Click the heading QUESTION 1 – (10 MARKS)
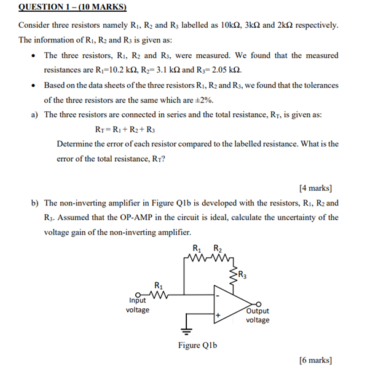(73, 7)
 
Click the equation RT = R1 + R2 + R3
(125, 129)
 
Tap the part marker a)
(34, 114)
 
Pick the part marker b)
(34, 202)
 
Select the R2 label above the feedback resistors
(217, 249)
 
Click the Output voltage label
(258, 316)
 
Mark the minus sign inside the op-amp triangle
(218, 296)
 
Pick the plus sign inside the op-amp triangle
(218, 315)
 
